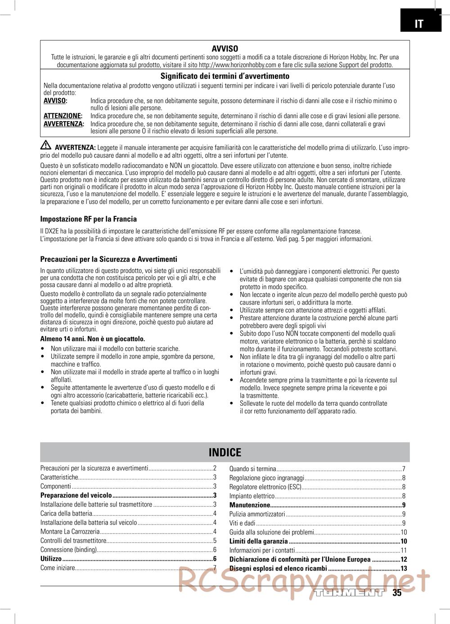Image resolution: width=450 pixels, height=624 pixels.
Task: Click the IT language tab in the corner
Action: click(418, 24)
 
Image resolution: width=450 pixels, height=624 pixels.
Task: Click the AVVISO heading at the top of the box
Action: click(225, 49)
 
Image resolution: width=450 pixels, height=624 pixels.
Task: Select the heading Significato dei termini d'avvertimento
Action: click(225, 76)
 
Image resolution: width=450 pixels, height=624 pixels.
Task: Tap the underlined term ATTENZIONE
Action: click(63, 116)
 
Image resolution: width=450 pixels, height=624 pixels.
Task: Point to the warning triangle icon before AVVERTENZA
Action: click(46, 146)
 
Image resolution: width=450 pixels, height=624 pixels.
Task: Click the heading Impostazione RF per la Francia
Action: click(89, 219)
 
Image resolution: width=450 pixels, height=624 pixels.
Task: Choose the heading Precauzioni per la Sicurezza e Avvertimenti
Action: click(109, 259)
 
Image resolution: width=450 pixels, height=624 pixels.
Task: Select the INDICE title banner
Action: click(225, 452)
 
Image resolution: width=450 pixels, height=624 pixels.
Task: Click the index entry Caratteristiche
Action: click(59, 477)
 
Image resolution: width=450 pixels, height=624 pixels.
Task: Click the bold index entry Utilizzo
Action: click(51, 559)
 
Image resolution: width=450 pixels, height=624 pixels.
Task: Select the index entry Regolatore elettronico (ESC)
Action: click(265, 487)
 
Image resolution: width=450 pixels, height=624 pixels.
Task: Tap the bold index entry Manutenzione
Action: click(250, 505)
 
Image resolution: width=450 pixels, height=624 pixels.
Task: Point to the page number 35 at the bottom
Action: click(396, 593)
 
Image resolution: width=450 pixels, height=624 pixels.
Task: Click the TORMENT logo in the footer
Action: click(350, 593)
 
